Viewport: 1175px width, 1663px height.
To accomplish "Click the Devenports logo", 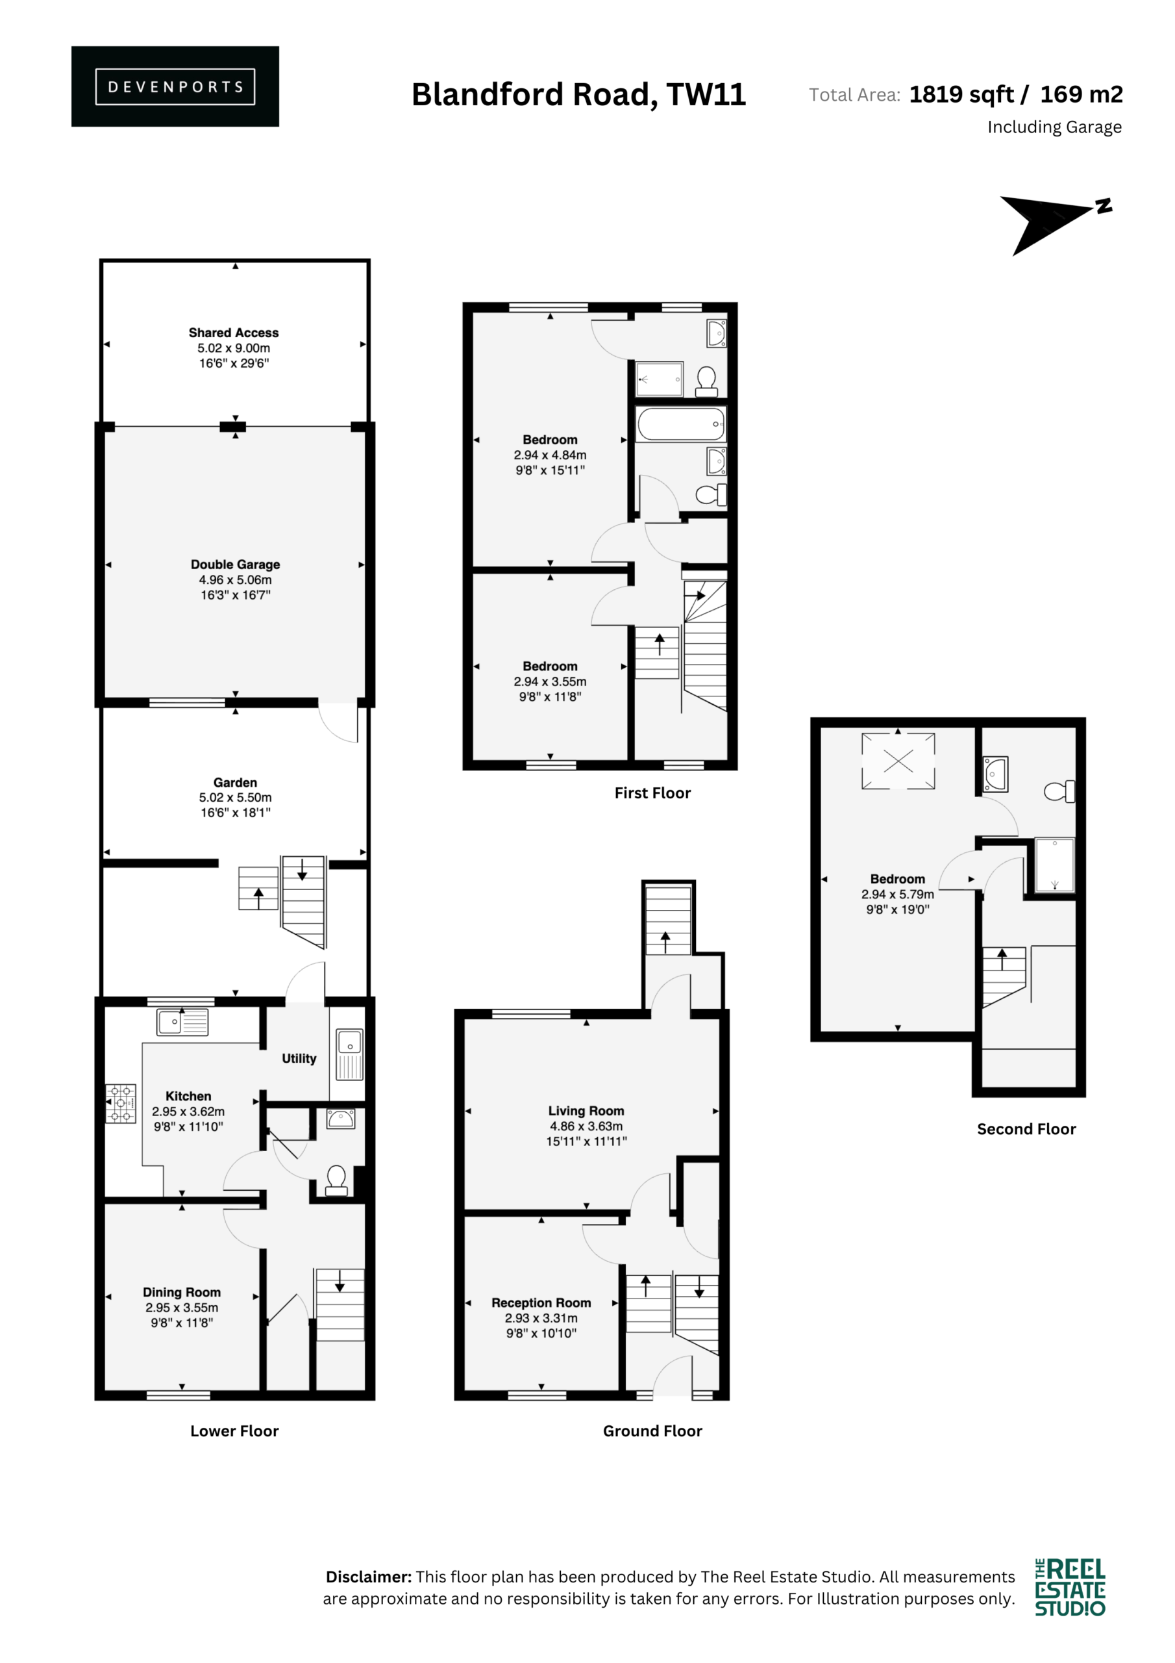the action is pyautogui.click(x=175, y=87).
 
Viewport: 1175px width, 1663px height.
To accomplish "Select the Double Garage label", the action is pyautogui.click(x=235, y=565).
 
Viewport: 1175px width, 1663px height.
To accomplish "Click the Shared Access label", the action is pyautogui.click(x=234, y=333).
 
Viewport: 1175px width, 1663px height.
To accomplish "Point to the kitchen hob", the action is pyautogui.click(x=121, y=1103).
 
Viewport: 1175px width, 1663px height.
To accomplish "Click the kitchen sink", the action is pyautogui.click(x=182, y=1022).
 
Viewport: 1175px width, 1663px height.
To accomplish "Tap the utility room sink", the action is pyautogui.click(x=350, y=1054).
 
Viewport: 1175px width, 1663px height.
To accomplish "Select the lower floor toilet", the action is pyautogui.click(x=336, y=1180).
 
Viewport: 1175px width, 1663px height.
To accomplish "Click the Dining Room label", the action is pyautogui.click(x=182, y=1292).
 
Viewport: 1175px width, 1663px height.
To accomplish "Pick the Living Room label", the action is pyautogui.click(x=586, y=1110).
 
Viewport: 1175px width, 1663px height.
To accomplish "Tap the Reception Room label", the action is pyautogui.click(x=541, y=1302).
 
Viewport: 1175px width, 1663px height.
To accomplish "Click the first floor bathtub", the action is pyautogui.click(x=681, y=424).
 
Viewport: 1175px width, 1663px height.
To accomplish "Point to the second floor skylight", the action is pyautogui.click(x=898, y=761).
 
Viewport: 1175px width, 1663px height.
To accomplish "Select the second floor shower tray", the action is pyautogui.click(x=1055, y=865).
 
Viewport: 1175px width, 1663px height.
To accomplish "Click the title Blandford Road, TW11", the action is pyautogui.click(x=578, y=94).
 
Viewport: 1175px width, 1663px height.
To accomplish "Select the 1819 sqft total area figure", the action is pyautogui.click(x=961, y=94).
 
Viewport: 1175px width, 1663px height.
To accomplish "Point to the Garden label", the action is pyautogui.click(x=235, y=782).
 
